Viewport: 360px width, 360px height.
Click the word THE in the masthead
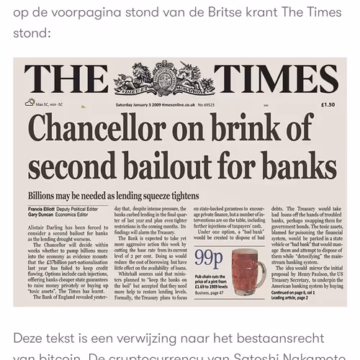(66, 79)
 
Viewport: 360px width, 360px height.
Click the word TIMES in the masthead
(276, 79)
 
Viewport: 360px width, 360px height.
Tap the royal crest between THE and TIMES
(164, 78)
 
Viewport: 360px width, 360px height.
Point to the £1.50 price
(328, 104)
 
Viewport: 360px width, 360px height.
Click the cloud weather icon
(30, 103)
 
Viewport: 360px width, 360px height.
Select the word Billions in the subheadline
(47, 196)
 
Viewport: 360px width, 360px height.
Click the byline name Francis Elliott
(45, 208)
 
